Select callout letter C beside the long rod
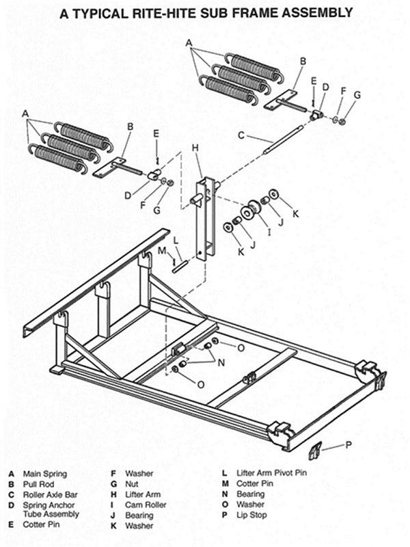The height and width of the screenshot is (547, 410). coord(241,136)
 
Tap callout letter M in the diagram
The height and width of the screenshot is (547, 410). coord(163,251)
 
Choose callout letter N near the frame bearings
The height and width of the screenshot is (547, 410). coord(221,362)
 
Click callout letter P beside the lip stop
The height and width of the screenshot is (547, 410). coord(348,445)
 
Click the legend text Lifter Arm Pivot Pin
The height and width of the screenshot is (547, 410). coord(269,473)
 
